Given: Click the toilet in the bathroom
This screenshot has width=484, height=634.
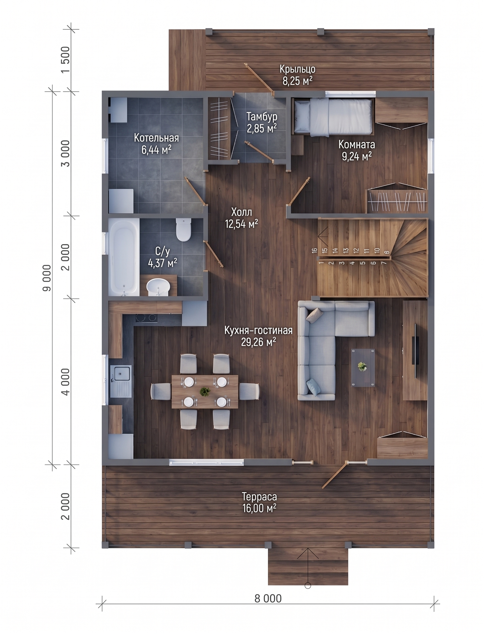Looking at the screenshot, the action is [x=183, y=229].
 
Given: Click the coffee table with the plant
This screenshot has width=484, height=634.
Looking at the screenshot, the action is [x=363, y=367].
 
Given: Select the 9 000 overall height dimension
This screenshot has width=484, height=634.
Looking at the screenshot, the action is [x=47, y=278].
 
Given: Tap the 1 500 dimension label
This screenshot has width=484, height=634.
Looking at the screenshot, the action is [x=66, y=60].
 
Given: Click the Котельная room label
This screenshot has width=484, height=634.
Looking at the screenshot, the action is [x=156, y=138].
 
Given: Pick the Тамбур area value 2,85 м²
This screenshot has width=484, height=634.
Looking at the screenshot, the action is [x=262, y=128].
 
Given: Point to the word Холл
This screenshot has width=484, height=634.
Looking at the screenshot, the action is [x=242, y=212].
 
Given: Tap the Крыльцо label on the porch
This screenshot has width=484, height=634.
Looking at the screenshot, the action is [x=298, y=69].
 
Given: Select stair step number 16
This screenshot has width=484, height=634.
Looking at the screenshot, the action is [x=314, y=250].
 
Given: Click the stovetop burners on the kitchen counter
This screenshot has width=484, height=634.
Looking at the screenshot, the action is [x=146, y=318].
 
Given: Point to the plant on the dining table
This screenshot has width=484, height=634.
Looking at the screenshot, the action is [x=205, y=392].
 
